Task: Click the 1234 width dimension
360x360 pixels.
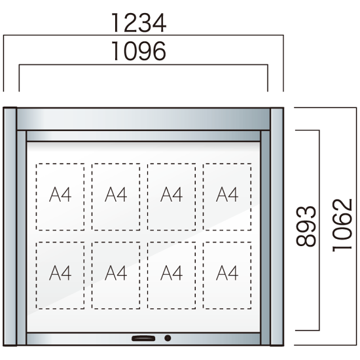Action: [x=139, y=23]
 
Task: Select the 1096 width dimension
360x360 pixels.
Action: [x=139, y=51]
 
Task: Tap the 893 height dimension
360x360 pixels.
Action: [x=306, y=226]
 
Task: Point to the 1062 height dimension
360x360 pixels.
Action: [x=342, y=225]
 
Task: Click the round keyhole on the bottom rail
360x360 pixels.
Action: [x=168, y=338]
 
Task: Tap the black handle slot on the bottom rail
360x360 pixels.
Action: [x=143, y=338]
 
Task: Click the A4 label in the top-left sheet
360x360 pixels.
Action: [x=60, y=194]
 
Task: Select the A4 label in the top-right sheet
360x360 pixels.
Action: [x=227, y=194]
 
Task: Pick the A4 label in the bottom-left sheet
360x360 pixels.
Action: [x=60, y=273]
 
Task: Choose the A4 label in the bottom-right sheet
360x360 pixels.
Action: [x=227, y=273]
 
